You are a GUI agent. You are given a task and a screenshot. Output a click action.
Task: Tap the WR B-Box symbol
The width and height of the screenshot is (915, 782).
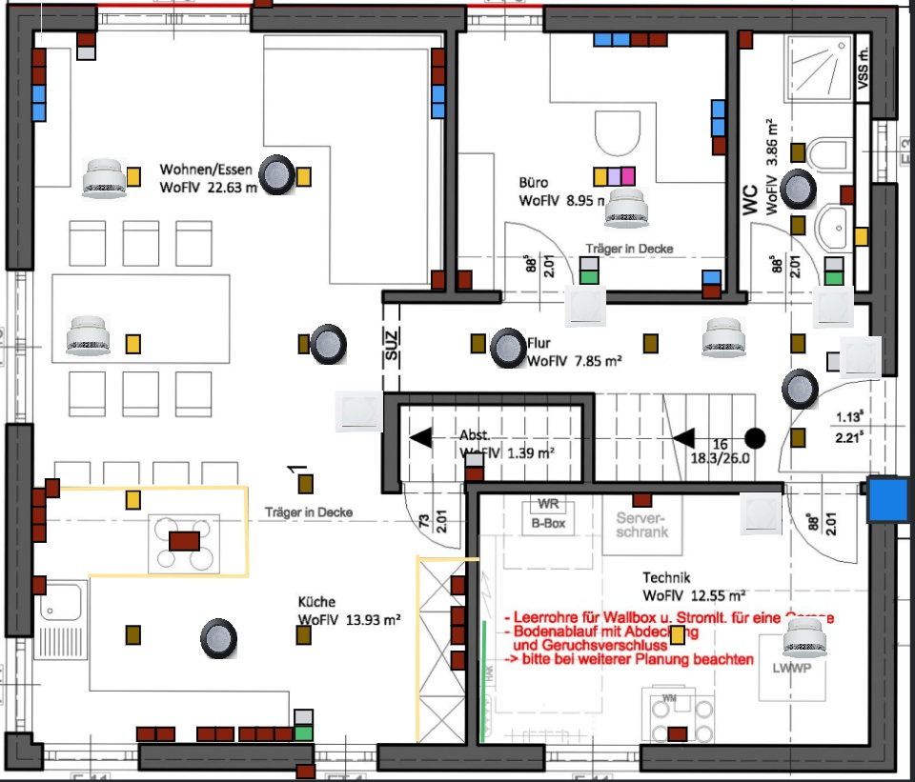548,514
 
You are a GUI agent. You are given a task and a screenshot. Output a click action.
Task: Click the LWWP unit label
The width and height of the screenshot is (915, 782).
793,669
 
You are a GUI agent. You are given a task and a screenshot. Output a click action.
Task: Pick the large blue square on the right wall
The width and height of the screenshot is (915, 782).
886,500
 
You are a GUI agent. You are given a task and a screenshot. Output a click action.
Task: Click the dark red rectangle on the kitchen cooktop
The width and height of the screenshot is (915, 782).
184,541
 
